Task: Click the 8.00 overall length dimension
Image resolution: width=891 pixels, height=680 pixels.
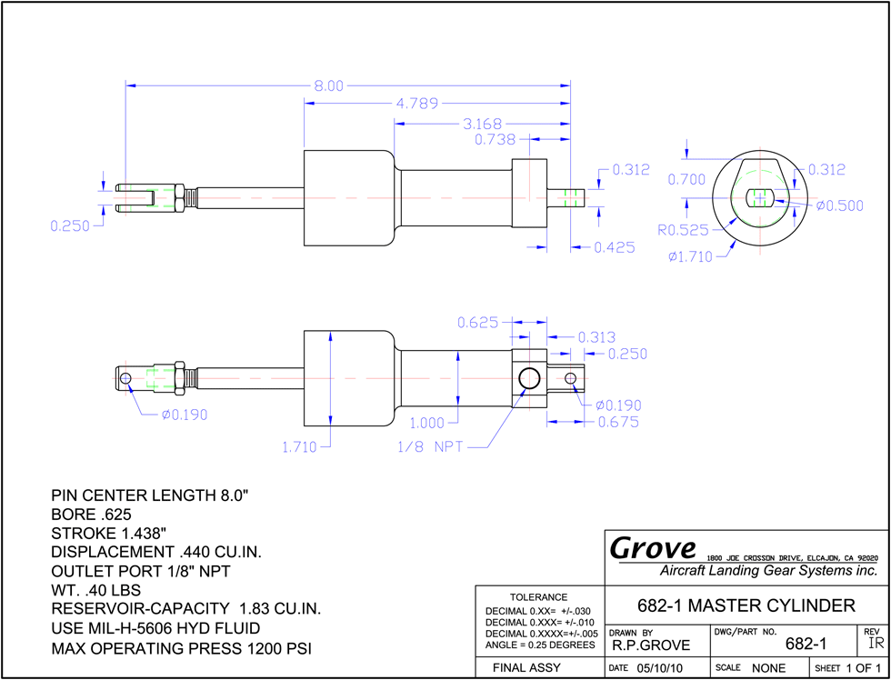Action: [329, 85]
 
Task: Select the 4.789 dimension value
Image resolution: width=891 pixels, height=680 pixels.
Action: [417, 104]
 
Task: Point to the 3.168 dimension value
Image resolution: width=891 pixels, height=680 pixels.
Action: [479, 124]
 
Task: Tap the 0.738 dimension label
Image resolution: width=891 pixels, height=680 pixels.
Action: [495, 139]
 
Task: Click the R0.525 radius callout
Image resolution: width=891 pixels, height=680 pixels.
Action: [684, 230]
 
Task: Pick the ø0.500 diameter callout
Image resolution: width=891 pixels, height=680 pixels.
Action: [839, 205]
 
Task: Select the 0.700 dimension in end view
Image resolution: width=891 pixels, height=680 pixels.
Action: [686, 179]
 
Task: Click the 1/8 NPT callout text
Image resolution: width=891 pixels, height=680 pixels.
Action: [429, 447]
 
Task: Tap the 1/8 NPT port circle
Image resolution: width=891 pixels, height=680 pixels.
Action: [529, 378]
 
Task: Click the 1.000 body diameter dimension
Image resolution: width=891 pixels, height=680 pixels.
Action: [428, 424]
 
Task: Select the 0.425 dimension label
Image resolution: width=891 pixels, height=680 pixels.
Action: [615, 247]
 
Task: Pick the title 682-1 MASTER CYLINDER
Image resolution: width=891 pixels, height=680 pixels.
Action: [746, 605]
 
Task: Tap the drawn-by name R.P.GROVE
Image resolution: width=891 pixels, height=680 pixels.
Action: [651, 645]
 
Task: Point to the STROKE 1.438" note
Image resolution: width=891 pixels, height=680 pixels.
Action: [109, 534]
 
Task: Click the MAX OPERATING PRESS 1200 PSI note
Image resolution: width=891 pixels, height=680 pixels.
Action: [181, 648]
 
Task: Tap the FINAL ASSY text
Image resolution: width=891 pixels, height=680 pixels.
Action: [526, 667]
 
